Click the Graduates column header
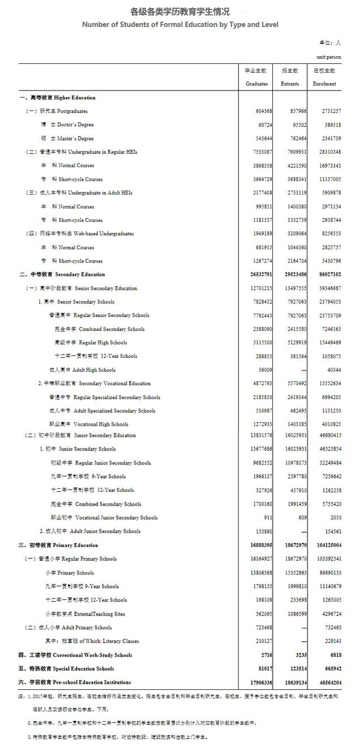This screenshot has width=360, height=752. click(257, 84)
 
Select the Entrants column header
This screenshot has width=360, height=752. click(290, 84)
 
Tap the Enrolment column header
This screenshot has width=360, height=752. click(325, 84)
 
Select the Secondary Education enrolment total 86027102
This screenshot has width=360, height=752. click(327, 275)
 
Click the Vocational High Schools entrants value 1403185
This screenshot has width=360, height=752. click(294, 424)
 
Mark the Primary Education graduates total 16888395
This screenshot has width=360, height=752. click(258, 545)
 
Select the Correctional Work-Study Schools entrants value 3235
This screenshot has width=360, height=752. click(298, 655)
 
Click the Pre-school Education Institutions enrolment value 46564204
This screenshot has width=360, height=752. click(327, 682)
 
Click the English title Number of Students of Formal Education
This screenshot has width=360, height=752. click(180, 25)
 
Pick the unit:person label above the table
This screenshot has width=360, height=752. click(329, 57)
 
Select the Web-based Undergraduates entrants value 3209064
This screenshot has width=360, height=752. click(294, 233)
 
